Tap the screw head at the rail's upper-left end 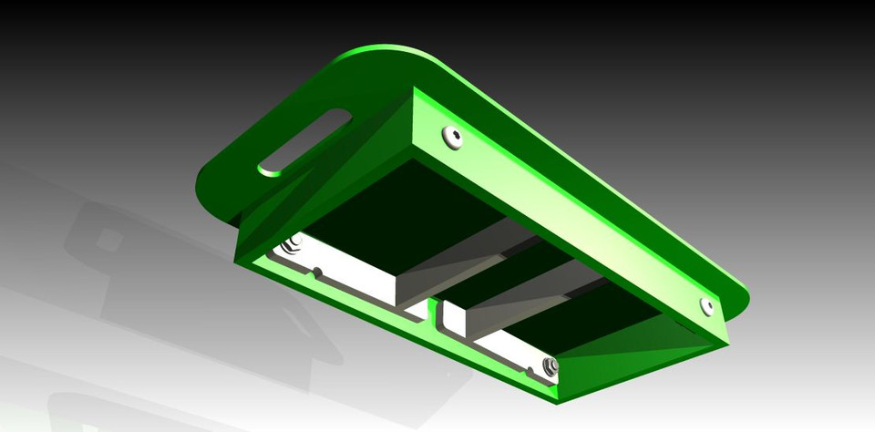pyautogui.click(x=453, y=137)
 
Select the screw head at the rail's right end pyautogui.click(x=707, y=305)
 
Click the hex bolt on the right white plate pyautogui.click(x=550, y=366)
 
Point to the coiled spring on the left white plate pyautogui.click(x=293, y=244)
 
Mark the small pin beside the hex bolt pyautogui.click(x=530, y=372)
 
